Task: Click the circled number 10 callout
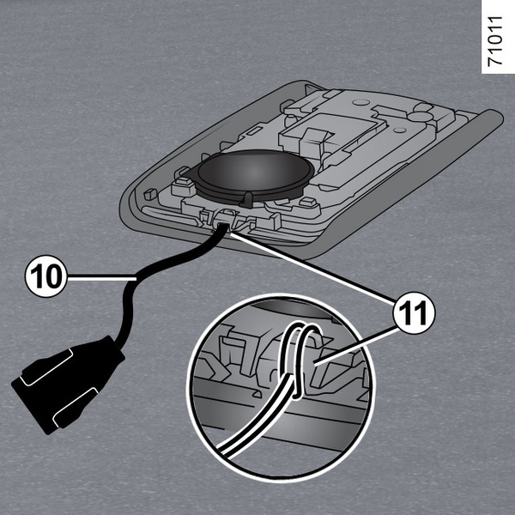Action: tap(46, 276)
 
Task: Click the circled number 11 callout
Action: tap(414, 313)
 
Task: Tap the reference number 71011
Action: tap(495, 41)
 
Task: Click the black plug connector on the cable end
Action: tap(68, 385)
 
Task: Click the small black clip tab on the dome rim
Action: tap(248, 200)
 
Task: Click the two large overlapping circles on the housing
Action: tap(421, 113)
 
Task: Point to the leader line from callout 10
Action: tap(101, 279)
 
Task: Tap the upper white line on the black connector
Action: tap(47, 367)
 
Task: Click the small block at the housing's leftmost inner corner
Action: tap(150, 194)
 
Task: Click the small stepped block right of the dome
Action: tap(308, 203)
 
